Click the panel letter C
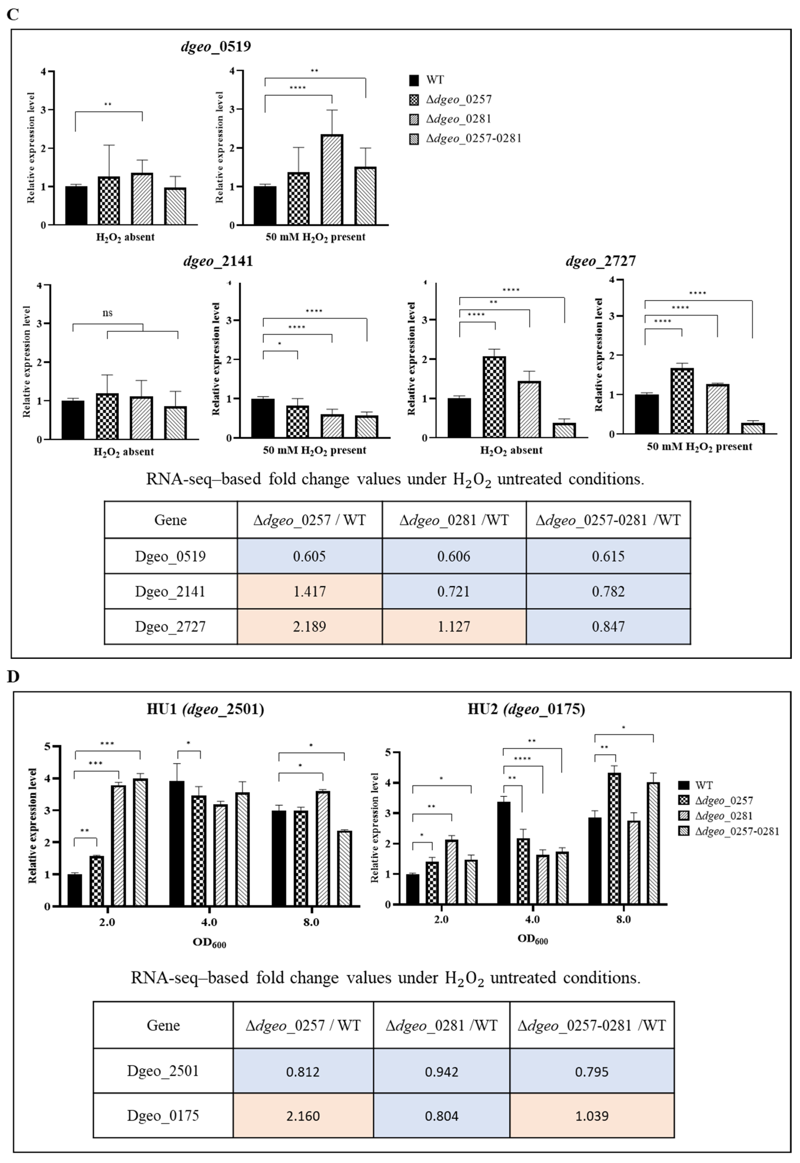coord(12,14)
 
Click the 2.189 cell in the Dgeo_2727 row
coord(309,626)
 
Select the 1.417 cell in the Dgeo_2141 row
coord(309,591)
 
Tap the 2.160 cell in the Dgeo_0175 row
coord(303,1116)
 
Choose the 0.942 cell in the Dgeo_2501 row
coord(441,1072)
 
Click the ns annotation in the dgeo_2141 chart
coord(107,313)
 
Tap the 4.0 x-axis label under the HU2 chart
coord(532,919)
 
